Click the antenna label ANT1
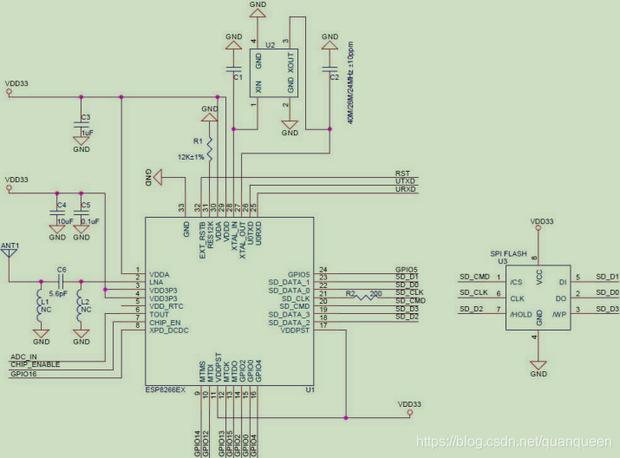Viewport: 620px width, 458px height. (10, 246)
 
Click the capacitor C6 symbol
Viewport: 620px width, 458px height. (61, 281)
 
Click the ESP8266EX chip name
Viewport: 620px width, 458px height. (166, 391)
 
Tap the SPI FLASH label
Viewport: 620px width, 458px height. (510, 253)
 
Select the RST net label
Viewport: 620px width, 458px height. (402, 173)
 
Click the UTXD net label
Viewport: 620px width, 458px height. (405, 181)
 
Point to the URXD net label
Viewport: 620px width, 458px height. (405, 189)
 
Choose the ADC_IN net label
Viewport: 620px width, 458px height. (23, 357)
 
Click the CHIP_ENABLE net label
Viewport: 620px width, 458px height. (35, 364)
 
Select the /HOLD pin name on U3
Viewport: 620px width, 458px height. (521, 309)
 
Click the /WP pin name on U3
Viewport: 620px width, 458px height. (562, 309)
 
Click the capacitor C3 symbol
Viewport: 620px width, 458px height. (82, 124)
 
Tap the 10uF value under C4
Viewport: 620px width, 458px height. (62, 221)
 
